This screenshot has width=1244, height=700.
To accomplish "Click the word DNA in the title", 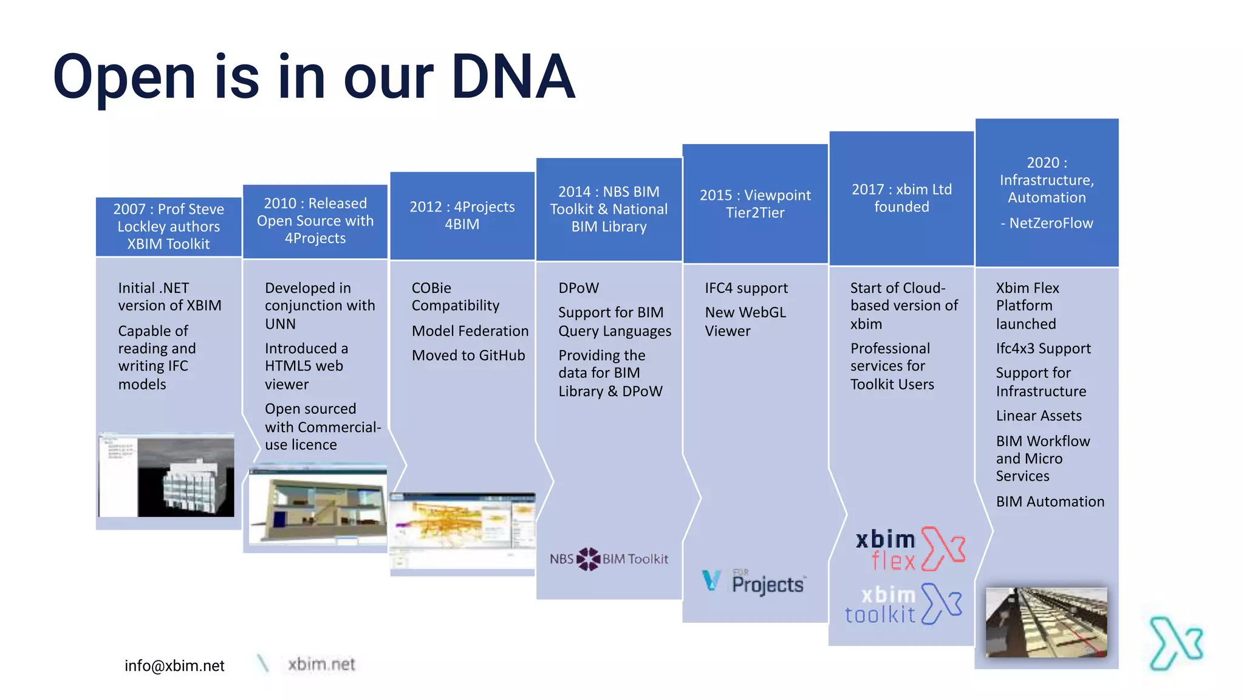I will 513,77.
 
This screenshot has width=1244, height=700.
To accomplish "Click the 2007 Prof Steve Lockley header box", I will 168,227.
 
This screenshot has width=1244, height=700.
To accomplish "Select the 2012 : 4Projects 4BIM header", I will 462,216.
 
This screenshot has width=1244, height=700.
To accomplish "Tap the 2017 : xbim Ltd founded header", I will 901,198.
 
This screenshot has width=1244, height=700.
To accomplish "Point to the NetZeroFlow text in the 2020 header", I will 1050,223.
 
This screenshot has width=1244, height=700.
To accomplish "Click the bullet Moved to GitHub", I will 468,355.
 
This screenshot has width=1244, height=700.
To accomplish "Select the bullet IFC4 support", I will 746,288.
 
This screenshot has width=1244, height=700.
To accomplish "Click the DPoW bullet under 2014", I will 578,288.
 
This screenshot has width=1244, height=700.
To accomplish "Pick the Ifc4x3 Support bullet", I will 1043,349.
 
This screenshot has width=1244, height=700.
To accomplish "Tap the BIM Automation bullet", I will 1050,502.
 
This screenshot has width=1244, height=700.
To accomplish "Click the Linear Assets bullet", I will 1038,416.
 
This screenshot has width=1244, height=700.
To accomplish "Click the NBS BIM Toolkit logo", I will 609,559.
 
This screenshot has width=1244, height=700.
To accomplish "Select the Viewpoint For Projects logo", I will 754,582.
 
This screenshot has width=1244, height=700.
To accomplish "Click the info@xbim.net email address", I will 174,666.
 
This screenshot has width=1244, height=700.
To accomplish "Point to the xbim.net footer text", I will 321,664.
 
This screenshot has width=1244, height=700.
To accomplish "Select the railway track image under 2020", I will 1046,622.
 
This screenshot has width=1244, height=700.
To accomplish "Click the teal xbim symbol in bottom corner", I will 1176,643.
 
